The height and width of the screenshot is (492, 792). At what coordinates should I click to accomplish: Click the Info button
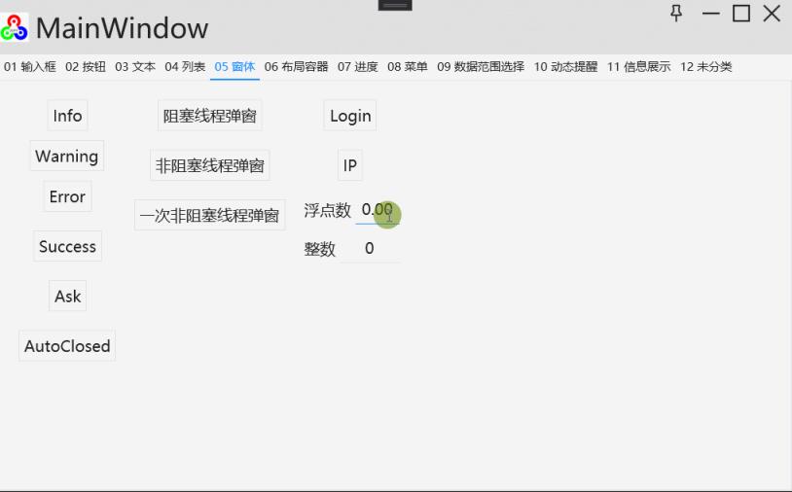[67, 116]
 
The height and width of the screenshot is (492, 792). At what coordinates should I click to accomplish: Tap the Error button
[67, 196]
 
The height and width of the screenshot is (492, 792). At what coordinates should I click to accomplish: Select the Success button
[67, 247]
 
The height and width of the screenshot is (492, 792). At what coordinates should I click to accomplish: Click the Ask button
[67, 297]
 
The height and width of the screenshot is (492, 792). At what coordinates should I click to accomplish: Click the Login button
[350, 116]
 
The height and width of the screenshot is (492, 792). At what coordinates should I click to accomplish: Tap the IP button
[350, 165]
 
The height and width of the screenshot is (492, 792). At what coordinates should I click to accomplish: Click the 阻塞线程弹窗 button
[210, 116]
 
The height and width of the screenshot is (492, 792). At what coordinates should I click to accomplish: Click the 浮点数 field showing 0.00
[377, 210]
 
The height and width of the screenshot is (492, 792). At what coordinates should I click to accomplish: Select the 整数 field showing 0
[370, 249]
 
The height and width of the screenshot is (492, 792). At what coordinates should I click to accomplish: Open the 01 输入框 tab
[30, 67]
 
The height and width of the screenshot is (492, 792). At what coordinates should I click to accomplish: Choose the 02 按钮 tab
[86, 67]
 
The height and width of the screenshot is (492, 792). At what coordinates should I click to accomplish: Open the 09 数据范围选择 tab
[481, 67]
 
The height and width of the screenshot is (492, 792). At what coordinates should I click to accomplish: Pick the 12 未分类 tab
[706, 67]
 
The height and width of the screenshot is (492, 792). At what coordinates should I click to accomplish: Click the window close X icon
[772, 14]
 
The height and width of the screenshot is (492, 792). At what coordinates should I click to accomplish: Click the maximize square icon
[741, 14]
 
